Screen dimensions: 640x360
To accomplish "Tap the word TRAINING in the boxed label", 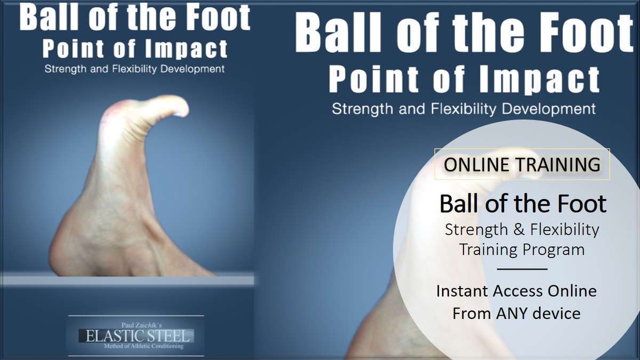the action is (x=558, y=165).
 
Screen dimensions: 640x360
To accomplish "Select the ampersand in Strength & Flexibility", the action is (x=519, y=229).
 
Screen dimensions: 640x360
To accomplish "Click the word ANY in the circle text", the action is (x=513, y=313).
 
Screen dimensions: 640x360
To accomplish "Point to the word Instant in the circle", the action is (x=462, y=291).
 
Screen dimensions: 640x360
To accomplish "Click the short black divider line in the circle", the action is (x=522, y=269).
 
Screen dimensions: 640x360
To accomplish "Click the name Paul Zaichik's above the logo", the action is (x=142, y=325).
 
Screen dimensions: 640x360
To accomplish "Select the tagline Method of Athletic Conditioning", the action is (x=143, y=346).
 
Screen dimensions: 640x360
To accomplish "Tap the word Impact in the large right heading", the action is (x=539, y=80).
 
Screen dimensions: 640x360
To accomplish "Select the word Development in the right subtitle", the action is (x=549, y=109).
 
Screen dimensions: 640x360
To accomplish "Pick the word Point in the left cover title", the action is (x=73, y=49).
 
